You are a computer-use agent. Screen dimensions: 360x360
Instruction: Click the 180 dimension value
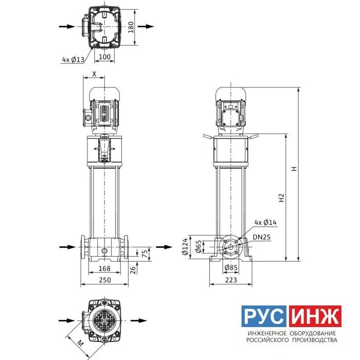(131, 27)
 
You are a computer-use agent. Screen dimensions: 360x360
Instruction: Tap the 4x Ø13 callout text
(73, 60)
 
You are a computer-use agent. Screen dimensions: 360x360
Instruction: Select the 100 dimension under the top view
(104, 57)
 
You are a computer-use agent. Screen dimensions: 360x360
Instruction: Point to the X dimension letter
(94, 74)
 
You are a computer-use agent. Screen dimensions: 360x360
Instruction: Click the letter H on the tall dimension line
(294, 169)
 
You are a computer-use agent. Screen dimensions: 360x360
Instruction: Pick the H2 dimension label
(281, 197)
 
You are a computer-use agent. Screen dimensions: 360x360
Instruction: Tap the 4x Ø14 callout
(265, 222)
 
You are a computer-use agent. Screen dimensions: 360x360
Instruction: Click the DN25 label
(262, 237)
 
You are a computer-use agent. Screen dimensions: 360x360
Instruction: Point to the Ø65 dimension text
(199, 246)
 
